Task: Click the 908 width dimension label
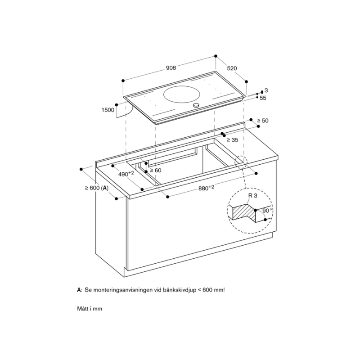pos(171,67)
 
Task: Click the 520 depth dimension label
pos(232,68)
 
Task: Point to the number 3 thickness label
pos(266,91)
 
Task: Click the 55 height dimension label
pos(264,98)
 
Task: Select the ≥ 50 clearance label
pos(262,121)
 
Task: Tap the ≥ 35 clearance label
pos(232,140)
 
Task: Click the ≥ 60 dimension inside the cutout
pos(155,171)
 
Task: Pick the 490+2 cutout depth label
pos(126,174)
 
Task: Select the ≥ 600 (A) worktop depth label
pos(96,188)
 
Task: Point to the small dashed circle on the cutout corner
pos(240,162)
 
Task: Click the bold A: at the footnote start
pos(79,291)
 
